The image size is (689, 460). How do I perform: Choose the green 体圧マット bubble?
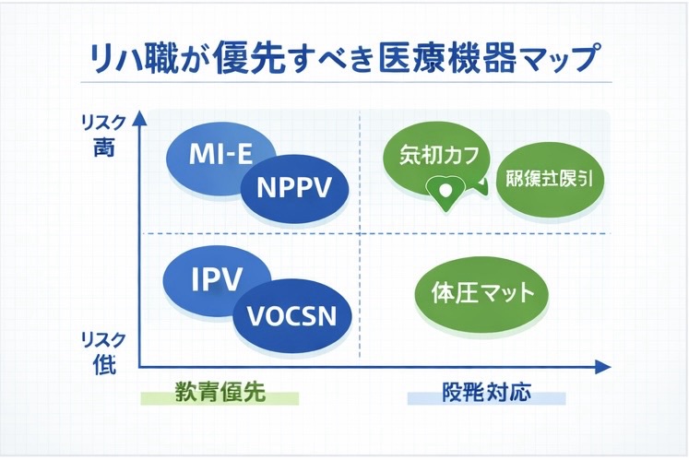(x=482, y=294)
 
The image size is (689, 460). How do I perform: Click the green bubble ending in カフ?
(x=437, y=156)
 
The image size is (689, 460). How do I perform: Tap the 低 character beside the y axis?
(x=103, y=364)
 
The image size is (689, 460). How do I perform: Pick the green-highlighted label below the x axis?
(x=220, y=393)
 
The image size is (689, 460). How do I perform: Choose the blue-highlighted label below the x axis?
(x=486, y=393)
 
